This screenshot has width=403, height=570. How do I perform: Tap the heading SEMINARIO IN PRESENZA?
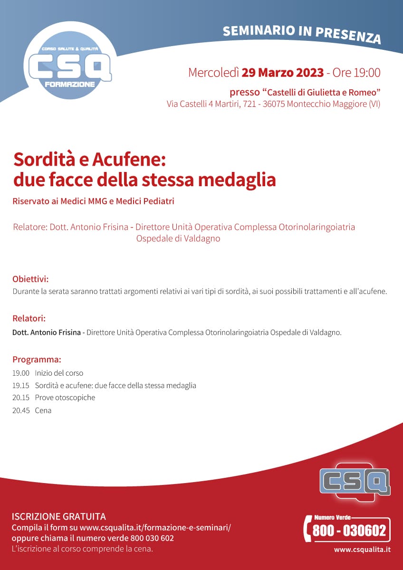click(301, 33)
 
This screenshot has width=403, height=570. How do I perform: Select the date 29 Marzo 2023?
click(283, 73)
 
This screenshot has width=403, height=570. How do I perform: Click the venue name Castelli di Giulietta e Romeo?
click(323, 92)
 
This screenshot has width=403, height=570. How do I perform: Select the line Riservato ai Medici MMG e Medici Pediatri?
click(94, 201)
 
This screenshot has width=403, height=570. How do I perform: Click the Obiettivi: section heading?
click(30, 278)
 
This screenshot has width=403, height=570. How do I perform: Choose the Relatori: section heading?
click(29, 318)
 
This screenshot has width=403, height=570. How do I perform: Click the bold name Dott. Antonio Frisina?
click(47, 332)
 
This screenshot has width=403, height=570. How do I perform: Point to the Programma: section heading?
click(37, 359)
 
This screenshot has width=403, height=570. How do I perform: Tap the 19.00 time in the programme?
click(21, 373)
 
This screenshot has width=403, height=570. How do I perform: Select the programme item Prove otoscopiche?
click(65, 398)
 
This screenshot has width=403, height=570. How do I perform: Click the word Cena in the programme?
click(43, 410)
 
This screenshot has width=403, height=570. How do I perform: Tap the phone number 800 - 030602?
click(348, 531)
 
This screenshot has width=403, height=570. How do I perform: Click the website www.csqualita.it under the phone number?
click(362, 550)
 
